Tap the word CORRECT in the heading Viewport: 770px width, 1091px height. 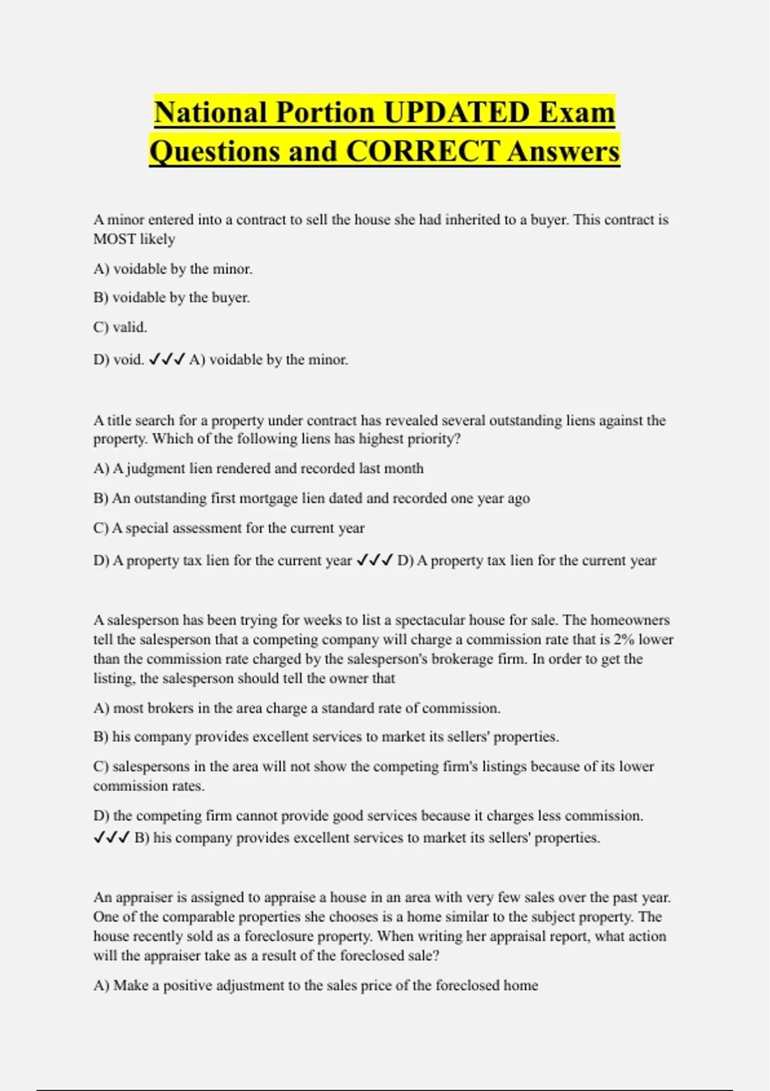pyautogui.click(x=422, y=151)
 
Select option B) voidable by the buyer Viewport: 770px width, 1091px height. pyautogui.click(x=171, y=298)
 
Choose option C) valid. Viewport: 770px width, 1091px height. pyautogui.click(x=120, y=327)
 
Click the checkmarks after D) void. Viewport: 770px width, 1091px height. pyautogui.click(x=167, y=360)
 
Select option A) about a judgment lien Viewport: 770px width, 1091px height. pyautogui.click(x=258, y=468)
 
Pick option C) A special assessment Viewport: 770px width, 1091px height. pyautogui.click(x=228, y=528)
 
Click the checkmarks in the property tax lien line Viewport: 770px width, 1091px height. pyautogui.click(x=374, y=561)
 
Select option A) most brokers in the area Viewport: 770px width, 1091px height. pyautogui.click(x=296, y=709)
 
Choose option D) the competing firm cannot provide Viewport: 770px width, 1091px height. pyautogui.click(x=368, y=816)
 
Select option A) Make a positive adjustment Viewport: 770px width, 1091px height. pyautogui.click(x=315, y=985)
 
